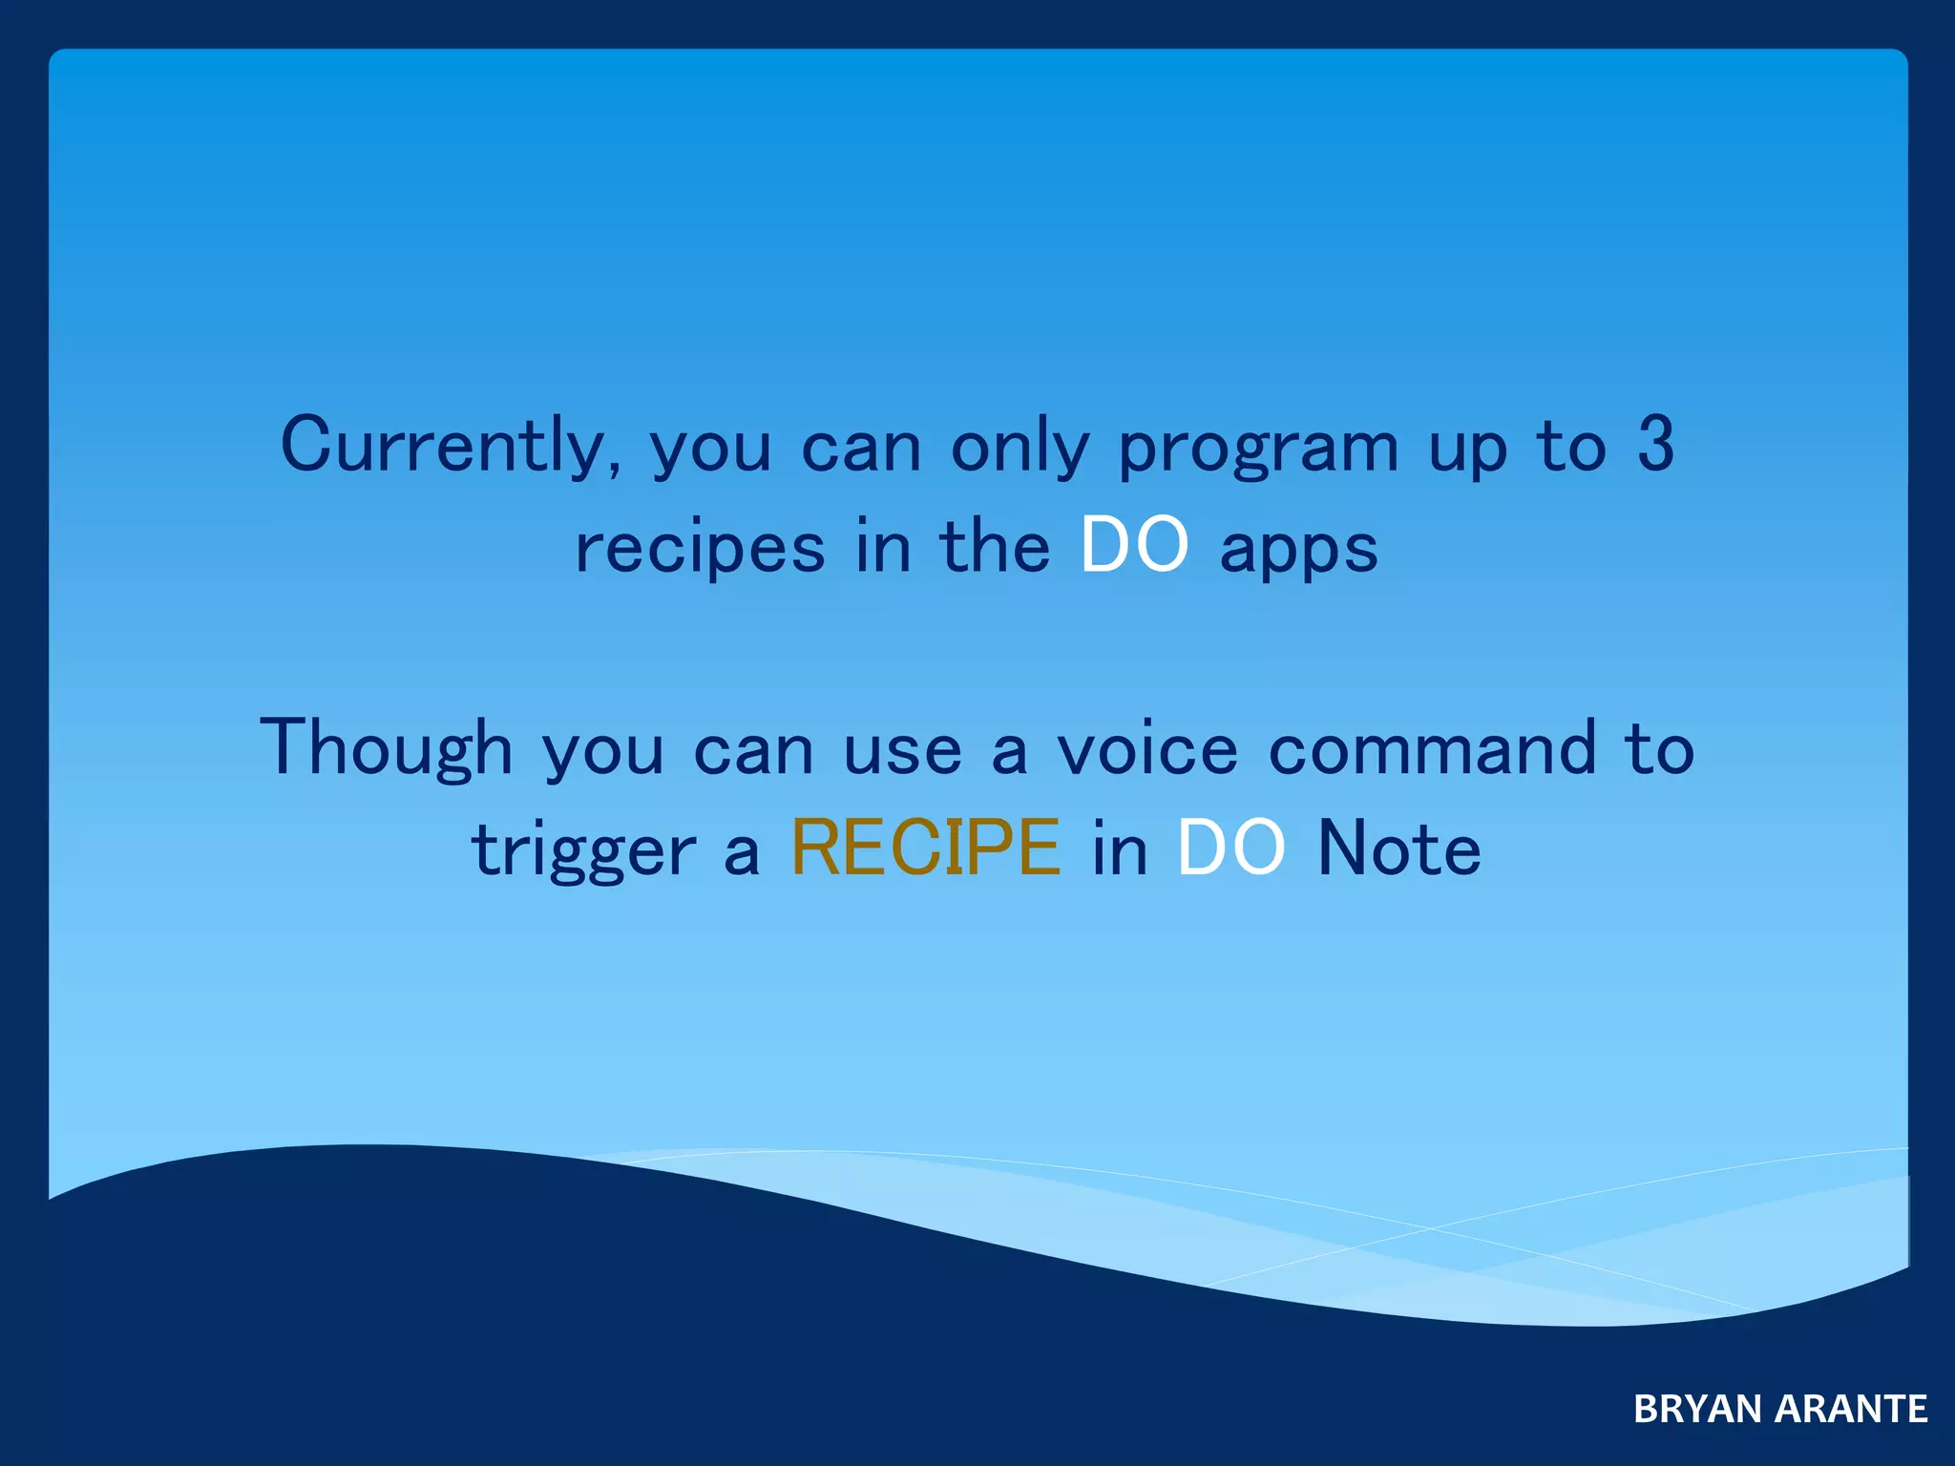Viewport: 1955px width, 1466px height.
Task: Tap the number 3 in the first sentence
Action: [x=1655, y=445]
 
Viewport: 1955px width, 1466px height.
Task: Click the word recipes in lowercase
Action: [x=700, y=549]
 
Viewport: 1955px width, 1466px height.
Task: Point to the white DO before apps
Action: [x=1134, y=546]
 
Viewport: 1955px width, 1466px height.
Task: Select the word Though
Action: [x=386, y=749]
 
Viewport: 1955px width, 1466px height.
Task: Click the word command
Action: [x=1432, y=749]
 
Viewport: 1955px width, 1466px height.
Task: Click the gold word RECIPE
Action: [x=925, y=848]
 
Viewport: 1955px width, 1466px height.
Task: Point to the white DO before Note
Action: [x=1230, y=848]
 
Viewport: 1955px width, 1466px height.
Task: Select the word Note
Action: [x=1398, y=848]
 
